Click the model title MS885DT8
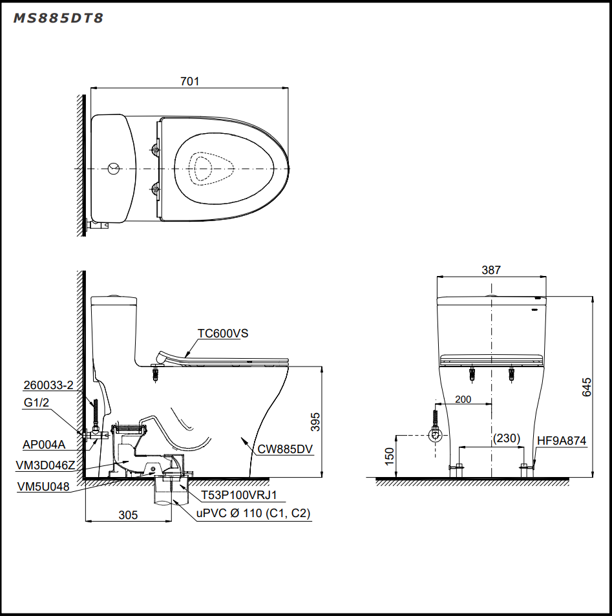tap(58, 18)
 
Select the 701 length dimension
tap(190, 81)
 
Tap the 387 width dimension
tap(491, 270)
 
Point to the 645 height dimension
tap(586, 387)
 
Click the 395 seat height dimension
tap(315, 422)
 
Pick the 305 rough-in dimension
tap(129, 515)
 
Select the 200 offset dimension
tap(463, 399)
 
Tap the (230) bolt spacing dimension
tap(507, 438)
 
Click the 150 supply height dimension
tap(389, 456)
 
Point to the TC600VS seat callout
tap(223, 333)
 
